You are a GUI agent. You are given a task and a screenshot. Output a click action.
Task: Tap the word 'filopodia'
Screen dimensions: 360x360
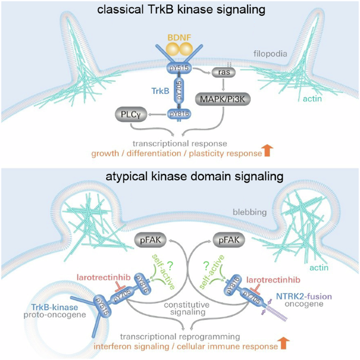[x=268, y=53]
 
